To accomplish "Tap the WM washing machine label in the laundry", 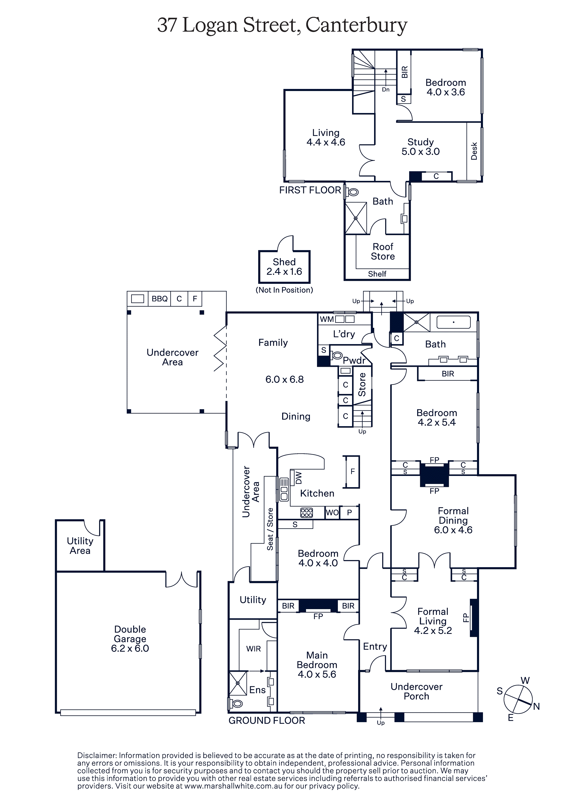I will point(326,319).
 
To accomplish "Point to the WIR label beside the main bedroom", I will point(253,649).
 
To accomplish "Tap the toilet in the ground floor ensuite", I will point(236,704).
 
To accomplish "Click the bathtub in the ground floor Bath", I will point(453,322).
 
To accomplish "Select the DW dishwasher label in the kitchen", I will point(298,478).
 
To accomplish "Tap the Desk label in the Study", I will point(474,151).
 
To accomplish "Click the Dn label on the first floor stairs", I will point(386,90).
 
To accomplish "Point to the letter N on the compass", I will point(536,707).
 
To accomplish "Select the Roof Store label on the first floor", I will point(383,251).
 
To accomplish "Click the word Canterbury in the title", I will point(356,25).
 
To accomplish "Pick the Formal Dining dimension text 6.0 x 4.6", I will point(453,530).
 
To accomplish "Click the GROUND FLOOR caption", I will point(267,720).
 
